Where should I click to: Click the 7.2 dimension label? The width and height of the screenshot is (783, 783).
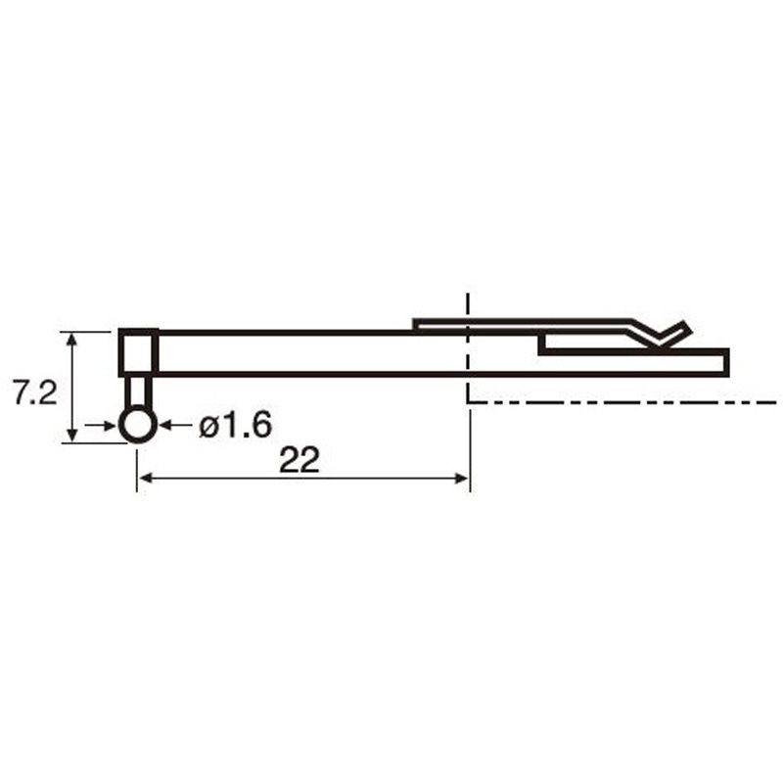point(35,393)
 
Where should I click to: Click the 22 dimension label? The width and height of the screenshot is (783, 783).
point(299,460)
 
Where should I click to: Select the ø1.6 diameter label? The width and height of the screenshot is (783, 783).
point(235,426)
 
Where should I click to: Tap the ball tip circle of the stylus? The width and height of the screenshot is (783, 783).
point(137,426)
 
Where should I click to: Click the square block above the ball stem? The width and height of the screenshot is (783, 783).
point(138,352)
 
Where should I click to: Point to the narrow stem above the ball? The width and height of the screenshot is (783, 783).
point(137,392)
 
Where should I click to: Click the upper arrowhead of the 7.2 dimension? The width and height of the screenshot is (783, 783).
point(72,339)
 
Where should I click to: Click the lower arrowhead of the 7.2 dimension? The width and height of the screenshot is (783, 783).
point(72,435)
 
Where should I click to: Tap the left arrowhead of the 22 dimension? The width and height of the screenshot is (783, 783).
point(146,479)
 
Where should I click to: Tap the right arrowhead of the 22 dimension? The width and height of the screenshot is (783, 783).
point(461,479)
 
